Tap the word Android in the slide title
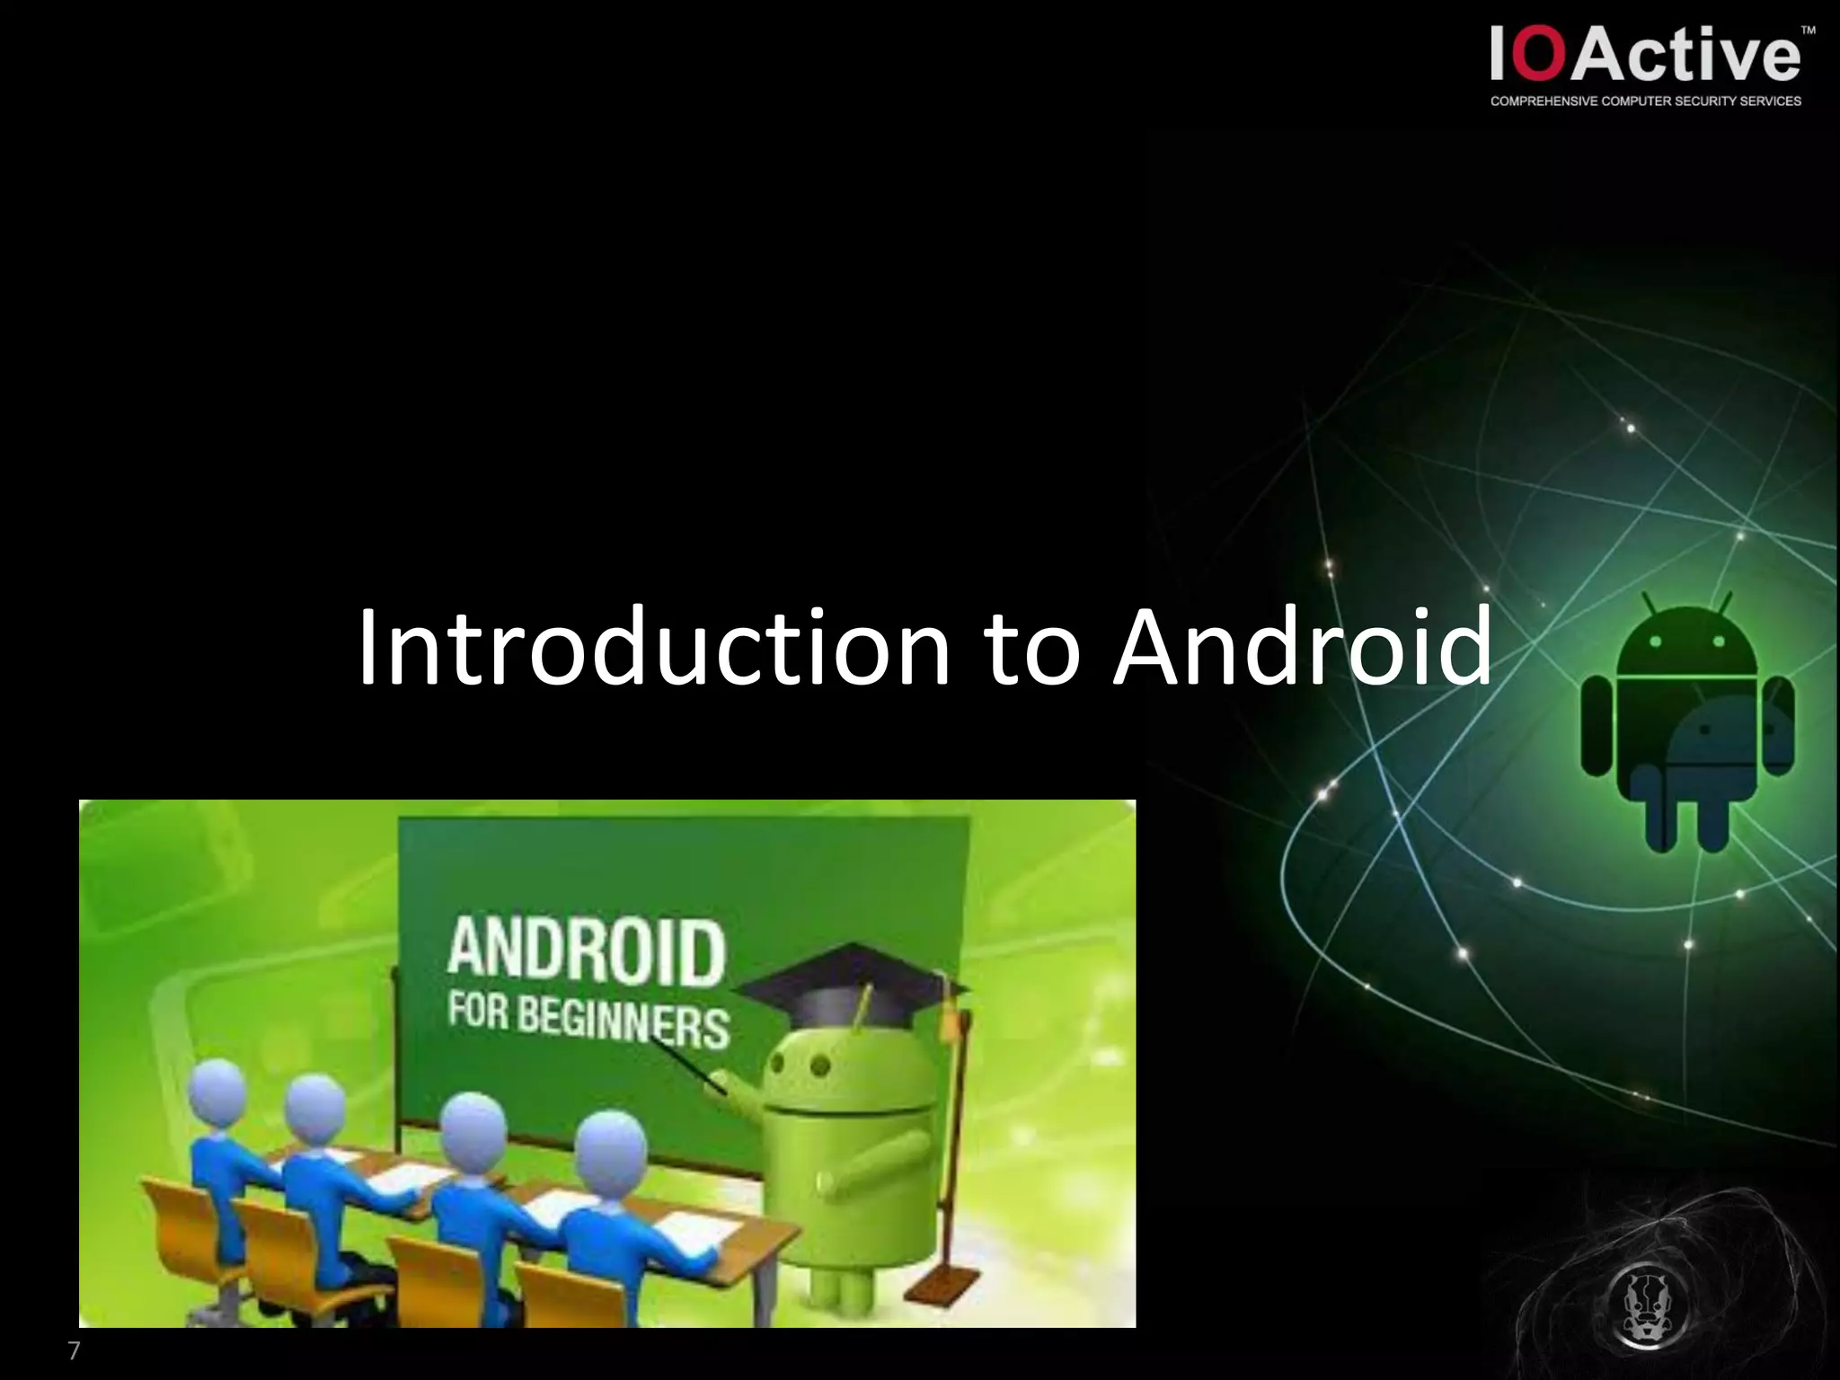click(x=1302, y=647)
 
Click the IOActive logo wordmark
click(x=1645, y=55)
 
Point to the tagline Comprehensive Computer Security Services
click(x=1645, y=102)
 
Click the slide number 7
click(x=74, y=1350)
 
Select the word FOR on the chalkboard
click(x=479, y=1011)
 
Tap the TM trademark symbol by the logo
click(x=1809, y=31)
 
